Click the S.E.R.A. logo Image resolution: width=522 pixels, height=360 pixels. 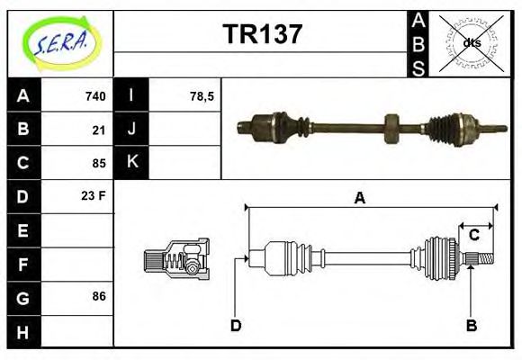point(59,41)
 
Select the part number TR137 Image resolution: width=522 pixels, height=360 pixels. point(262,35)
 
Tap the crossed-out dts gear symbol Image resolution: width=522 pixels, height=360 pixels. point(472,42)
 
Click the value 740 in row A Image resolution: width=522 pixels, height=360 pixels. point(95,96)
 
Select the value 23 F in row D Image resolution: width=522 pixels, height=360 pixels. point(94,195)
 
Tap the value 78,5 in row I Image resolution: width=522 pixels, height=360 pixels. point(202,96)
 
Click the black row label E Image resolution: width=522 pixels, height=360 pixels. point(23,229)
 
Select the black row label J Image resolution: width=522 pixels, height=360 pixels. point(131,130)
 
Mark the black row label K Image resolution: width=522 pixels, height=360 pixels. point(131,163)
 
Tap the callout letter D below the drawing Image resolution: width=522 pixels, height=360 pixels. point(236,325)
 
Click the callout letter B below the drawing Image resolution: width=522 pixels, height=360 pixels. point(471,325)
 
